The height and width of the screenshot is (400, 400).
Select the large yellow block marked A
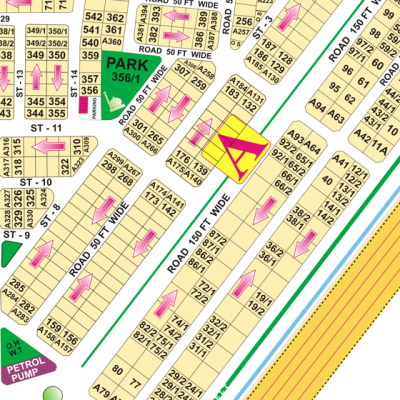pos(237,149)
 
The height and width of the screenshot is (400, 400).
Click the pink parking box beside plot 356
pos(79,100)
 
